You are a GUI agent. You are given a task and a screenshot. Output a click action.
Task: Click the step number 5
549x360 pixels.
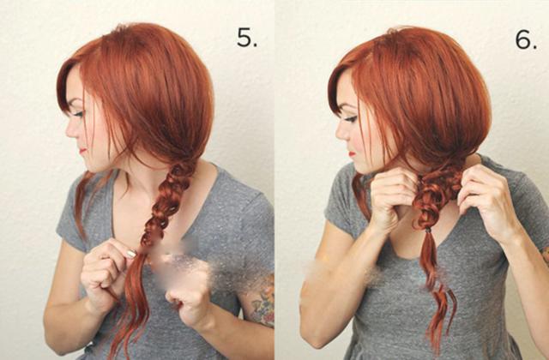click(x=247, y=38)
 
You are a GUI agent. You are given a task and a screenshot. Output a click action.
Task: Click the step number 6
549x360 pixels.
click(x=526, y=39)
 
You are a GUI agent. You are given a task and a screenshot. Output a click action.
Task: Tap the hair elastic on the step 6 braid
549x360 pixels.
click(x=428, y=231)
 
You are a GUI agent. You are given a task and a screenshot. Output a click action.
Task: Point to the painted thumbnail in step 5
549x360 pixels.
click(x=131, y=254)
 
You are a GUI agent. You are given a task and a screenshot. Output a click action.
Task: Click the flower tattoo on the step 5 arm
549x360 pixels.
click(x=263, y=301)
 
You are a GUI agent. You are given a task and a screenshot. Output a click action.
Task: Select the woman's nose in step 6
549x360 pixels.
click(x=341, y=132)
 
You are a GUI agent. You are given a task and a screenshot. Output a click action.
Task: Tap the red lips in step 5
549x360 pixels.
click(x=82, y=151)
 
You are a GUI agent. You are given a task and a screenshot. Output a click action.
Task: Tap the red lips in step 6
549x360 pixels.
click(x=352, y=153)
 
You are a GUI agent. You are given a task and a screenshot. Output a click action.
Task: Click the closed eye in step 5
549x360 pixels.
click(x=78, y=114)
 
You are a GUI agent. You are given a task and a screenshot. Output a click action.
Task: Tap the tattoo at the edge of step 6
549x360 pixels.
click(x=546, y=255)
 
